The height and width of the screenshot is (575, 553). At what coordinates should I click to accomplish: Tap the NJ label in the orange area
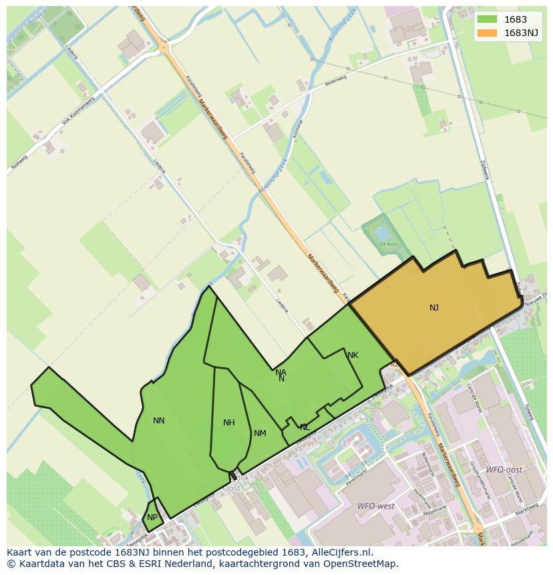click(434, 308)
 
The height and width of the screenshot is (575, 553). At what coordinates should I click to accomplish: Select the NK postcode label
click(353, 355)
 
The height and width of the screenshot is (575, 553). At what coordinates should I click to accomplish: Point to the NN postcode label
click(158, 421)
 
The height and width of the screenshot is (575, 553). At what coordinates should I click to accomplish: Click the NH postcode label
click(229, 423)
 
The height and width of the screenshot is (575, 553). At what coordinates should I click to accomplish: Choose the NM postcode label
click(260, 433)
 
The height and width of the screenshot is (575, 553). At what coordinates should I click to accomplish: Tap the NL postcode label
click(305, 427)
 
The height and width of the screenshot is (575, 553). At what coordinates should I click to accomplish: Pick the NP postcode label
click(152, 518)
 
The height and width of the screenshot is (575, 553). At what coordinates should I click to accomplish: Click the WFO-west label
click(376, 506)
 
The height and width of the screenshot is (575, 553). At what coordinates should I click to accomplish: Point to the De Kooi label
click(389, 244)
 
